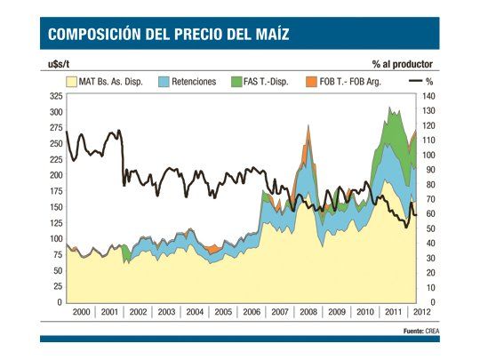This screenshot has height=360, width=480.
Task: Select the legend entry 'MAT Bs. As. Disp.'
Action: click(x=107, y=81)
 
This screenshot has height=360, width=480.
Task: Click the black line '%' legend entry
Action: click(x=422, y=81)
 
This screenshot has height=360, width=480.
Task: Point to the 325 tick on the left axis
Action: click(x=55, y=96)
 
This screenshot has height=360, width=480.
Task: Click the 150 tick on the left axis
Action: click(x=55, y=207)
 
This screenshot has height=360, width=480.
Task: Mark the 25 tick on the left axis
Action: click(x=58, y=286)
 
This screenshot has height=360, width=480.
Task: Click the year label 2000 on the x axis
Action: click(x=80, y=312)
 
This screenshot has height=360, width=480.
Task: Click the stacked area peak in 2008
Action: click(x=308, y=127)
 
